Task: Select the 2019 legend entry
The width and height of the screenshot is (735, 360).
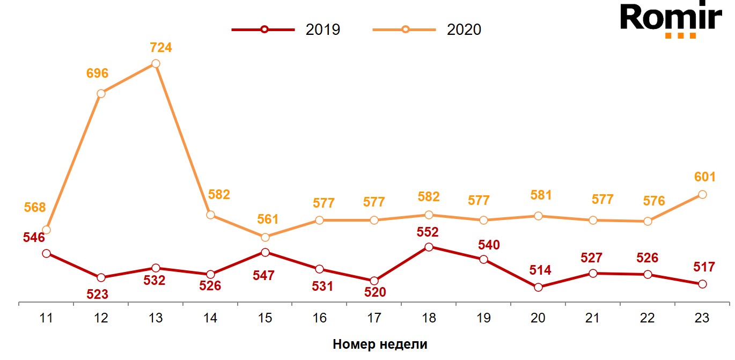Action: coord(286,30)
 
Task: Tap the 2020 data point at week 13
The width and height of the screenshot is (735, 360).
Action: coord(156,64)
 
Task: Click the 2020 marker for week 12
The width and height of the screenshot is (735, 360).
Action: coord(101,94)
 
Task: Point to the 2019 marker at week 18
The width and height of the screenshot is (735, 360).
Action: coord(429,247)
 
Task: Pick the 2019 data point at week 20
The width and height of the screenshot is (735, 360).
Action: coord(538,288)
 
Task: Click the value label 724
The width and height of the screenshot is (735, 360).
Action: coord(160,48)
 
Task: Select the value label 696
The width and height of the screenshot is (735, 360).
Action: coord(97,74)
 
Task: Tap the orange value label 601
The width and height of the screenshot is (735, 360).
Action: coord(704,177)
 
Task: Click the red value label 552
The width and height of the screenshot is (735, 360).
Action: coord(428,232)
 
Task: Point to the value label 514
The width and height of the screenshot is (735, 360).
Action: coord(540,270)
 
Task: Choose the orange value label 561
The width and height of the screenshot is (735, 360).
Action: coord(267,219)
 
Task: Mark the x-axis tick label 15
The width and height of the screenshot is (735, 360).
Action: coord(265,318)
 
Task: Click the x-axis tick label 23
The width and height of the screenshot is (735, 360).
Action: coord(702,318)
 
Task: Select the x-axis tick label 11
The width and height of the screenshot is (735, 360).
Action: coord(46,318)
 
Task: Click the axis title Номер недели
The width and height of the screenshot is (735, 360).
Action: coord(380,344)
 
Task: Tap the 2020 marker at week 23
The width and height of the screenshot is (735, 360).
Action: coord(702,195)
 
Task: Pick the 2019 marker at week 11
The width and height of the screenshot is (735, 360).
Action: coord(46,253)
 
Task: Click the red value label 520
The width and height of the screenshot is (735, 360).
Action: coord(374,292)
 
